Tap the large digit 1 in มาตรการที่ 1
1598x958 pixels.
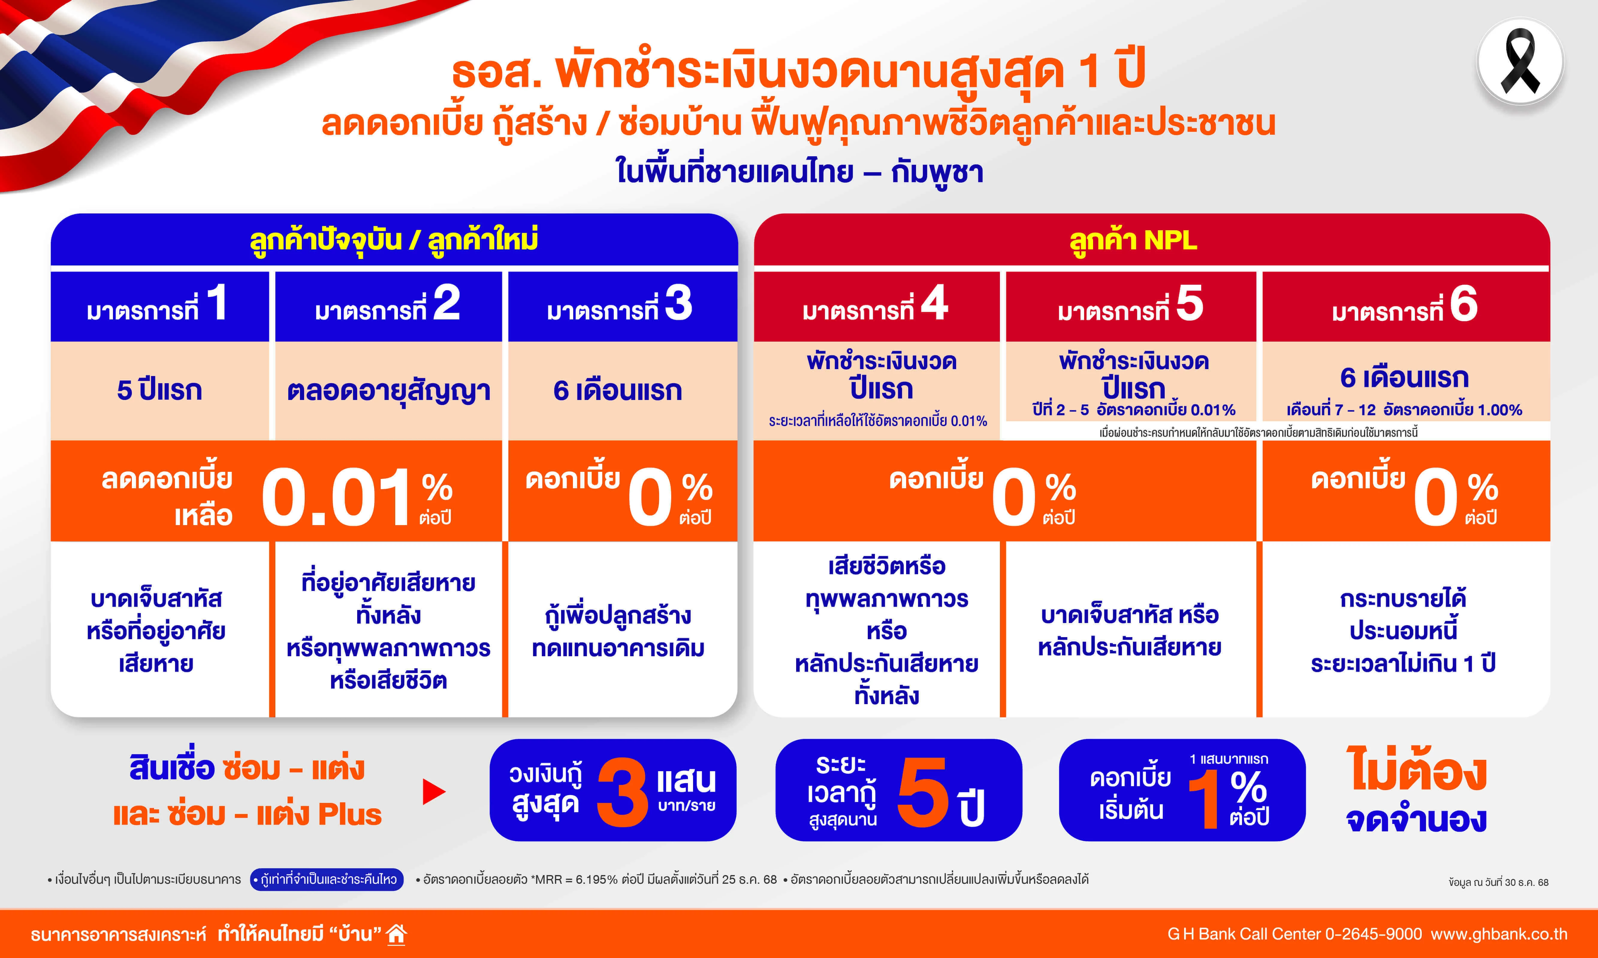tap(217, 302)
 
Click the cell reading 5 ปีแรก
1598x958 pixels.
tap(159, 390)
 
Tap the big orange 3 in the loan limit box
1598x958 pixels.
tap(622, 792)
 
